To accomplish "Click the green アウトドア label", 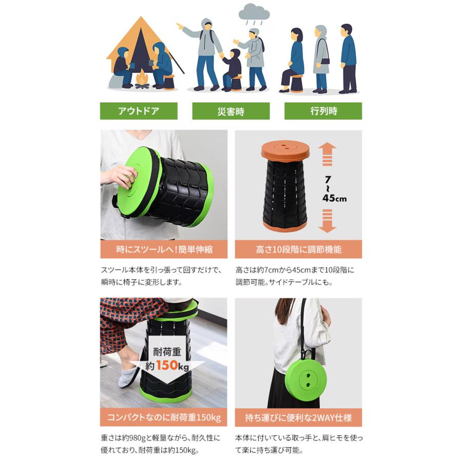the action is (x=139, y=111).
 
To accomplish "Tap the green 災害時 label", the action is (x=230, y=111).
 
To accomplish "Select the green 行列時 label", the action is (x=323, y=111).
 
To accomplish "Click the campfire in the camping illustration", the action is (x=142, y=80).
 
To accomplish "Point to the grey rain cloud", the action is (x=254, y=12).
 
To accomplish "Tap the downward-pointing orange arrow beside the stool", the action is (x=328, y=221).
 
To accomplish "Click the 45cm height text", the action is (x=334, y=198).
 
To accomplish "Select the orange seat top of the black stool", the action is (x=285, y=150).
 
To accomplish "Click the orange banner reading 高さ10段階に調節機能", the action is (x=298, y=249).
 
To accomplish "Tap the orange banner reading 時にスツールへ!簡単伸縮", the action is (x=164, y=249).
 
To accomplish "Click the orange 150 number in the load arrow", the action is (x=167, y=365).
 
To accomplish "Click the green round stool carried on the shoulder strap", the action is (x=306, y=380).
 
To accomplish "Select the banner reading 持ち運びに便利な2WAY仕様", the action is (x=298, y=417).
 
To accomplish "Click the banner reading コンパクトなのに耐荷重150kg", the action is (x=164, y=417).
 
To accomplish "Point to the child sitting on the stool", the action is (x=231, y=69).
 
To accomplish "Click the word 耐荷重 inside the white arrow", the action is (x=167, y=352).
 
